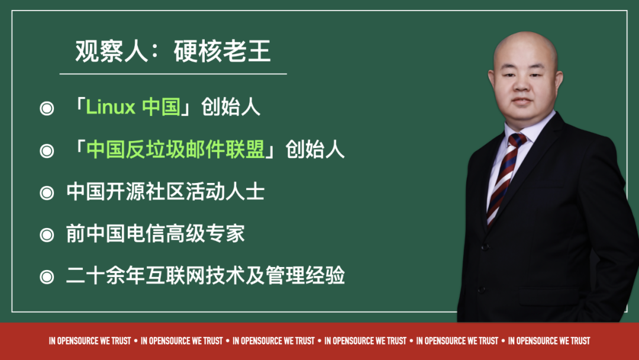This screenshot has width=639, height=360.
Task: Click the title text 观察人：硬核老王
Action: click(x=173, y=53)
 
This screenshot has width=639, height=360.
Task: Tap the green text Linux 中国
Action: click(x=133, y=108)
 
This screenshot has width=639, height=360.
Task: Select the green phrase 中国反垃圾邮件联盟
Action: click(x=176, y=150)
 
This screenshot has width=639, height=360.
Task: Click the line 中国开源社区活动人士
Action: click(x=165, y=192)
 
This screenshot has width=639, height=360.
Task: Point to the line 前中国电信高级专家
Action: click(x=155, y=234)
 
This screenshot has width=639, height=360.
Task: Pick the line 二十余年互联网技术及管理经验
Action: click(x=205, y=276)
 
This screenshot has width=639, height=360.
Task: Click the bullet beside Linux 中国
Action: click(x=46, y=109)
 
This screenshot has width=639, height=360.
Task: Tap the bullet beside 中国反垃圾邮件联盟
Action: click(x=46, y=152)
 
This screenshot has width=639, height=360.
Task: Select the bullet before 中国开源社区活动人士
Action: click(x=46, y=193)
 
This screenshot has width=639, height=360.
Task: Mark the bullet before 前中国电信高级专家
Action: click(x=46, y=235)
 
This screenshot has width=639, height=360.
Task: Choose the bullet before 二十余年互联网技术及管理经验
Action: click(x=46, y=277)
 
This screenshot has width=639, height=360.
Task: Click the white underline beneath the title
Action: click(x=173, y=74)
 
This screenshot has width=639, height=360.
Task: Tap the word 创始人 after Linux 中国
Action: click(x=231, y=108)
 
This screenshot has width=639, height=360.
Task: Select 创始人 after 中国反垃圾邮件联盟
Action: click(x=315, y=150)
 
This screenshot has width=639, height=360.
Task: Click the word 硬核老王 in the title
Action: click(x=222, y=53)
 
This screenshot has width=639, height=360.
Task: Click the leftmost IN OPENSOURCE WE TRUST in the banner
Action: click(x=90, y=341)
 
